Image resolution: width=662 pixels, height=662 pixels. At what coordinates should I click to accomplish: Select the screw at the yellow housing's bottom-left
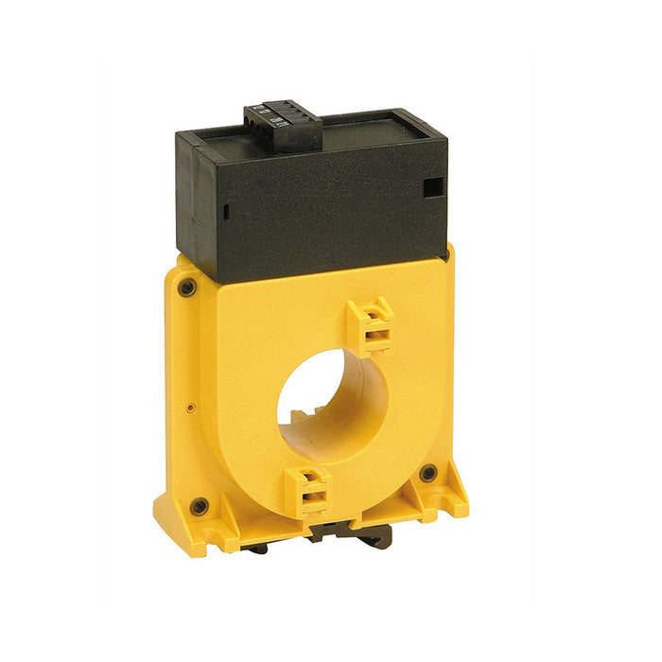pos(199,507)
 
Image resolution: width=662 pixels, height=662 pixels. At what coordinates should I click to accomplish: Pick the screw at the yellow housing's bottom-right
pos(428,472)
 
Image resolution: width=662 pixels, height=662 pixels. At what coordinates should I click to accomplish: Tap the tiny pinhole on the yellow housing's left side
pos(190,408)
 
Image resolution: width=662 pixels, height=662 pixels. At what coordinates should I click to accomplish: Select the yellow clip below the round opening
pos(309,491)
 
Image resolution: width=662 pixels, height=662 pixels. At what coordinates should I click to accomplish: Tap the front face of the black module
pos(322,213)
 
